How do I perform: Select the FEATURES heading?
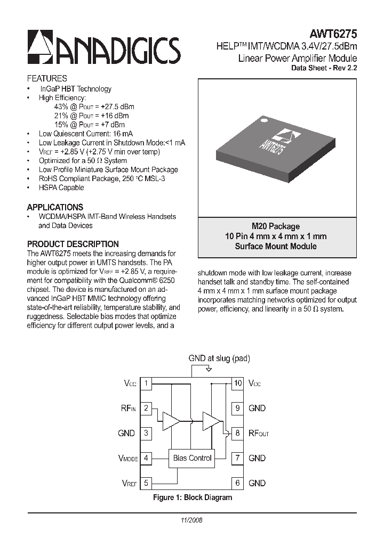(x=47, y=78)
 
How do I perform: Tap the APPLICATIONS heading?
(x=55, y=207)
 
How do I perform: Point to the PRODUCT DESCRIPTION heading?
(x=73, y=244)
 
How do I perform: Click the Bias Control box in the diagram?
(x=193, y=458)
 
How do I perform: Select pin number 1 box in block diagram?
(x=146, y=383)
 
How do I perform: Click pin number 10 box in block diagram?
(x=238, y=383)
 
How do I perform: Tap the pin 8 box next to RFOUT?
(x=238, y=433)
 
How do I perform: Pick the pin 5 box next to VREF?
(x=146, y=483)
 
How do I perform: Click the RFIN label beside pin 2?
(x=128, y=409)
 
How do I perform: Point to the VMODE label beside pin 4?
(x=127, y=458)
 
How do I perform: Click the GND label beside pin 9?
(x=257, y=408)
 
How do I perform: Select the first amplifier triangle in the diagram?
(x=171, y=421)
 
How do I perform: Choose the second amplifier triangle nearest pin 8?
(x=211, y=421)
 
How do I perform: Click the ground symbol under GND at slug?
(x=209, y=370)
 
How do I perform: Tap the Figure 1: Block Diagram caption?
(x=193, y=497)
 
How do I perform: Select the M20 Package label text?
(x=276, y=226)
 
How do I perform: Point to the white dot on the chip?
(x=263, y=122)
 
